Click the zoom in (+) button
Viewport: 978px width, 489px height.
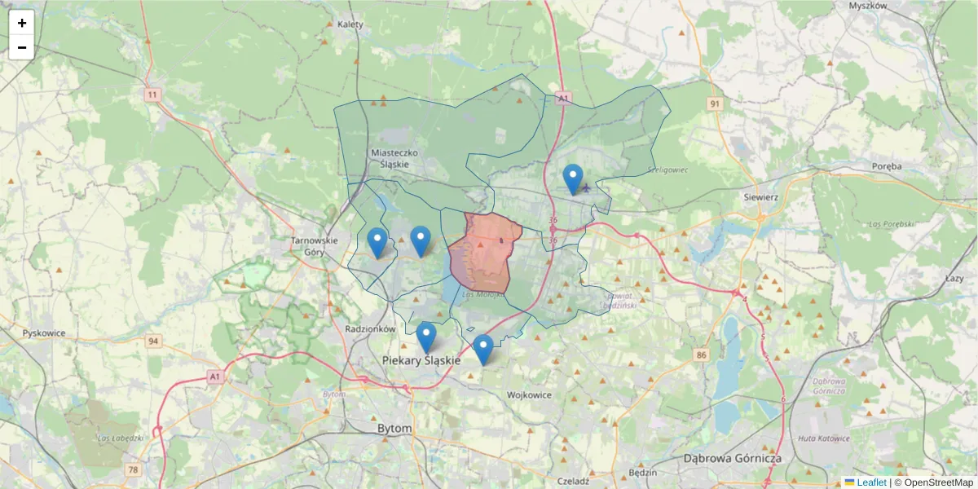22,23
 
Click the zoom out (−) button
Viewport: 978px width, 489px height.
22,47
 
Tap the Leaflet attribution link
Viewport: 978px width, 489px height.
870,482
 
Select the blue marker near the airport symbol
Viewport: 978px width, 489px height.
573,178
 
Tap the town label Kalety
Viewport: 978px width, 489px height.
350,24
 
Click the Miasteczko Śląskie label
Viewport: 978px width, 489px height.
394,158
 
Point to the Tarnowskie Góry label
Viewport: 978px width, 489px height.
314,246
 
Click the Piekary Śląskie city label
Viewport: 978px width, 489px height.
421,360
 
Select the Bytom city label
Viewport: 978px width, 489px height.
394,428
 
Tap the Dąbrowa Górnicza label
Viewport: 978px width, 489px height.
733,458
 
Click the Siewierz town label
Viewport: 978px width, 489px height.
762,197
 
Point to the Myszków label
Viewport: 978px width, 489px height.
867,6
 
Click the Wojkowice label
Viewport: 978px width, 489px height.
529,395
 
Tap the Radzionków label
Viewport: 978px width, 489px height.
370,329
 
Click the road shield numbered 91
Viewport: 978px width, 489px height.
715,104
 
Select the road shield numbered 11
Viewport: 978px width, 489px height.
152,95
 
